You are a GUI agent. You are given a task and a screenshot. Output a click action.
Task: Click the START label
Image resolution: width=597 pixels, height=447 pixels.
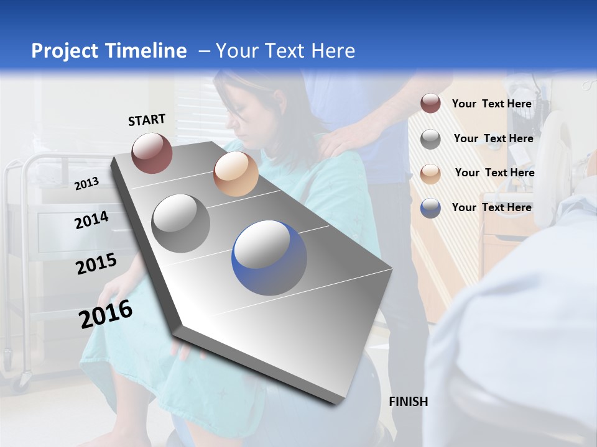pyautogui.click(x=147, y=120)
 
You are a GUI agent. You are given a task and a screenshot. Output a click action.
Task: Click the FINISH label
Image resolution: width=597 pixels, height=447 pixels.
pyautogui.click(x=408, y=402)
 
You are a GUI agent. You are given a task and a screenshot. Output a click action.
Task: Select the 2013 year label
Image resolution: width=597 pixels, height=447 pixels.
pyautogui.click(x=87, y=183)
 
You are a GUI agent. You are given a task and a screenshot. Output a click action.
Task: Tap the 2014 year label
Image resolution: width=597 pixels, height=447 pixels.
pyautogui.click(x=91, y=220)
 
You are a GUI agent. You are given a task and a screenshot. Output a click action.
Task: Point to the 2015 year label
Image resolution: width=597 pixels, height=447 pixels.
pyautogui.click(x=96, y=264)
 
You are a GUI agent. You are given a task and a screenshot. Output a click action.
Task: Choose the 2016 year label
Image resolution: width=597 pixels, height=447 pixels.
pyautogui.click(x=106, y=314)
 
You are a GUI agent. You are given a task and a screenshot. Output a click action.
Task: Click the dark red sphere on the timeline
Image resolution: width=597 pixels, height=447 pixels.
pyautogui.click(x=152, y=153)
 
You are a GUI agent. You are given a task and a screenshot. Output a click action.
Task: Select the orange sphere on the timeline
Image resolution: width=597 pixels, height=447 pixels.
pyautogui.click(x=236, y=174)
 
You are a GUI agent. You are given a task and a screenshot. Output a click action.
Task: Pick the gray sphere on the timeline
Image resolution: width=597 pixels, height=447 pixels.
pyautogui.click(x=181, y=223)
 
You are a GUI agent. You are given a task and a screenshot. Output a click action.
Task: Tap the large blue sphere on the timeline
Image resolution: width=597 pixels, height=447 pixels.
pyautogui.click(x=269, y=258)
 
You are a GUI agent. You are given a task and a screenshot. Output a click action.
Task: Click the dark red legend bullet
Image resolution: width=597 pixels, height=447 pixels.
pyautogui.click(x=430, y=104)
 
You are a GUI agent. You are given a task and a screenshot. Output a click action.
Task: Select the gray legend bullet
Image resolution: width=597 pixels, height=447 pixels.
pyautogui.click(x=430, y=139)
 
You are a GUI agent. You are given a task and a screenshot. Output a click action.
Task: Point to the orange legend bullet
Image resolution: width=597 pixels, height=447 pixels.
pyautogui.click(x=430, y=173)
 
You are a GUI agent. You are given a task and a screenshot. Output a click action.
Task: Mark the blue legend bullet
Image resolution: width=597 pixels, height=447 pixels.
pyautogui.click(x=430, y=207)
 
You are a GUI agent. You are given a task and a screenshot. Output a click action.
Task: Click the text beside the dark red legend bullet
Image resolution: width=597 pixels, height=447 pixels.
pyautogui.click(x=491, y=104)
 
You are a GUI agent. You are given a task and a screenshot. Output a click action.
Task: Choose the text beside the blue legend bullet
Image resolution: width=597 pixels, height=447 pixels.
pyautogui.click(x=491, y=207)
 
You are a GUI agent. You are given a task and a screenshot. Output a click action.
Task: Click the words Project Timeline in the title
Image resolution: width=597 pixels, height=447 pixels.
pyautogui.click(x=109, y=51)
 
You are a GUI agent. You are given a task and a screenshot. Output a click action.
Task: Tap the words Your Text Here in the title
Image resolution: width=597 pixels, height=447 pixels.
pyautogui.click(x=285, y=51)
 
